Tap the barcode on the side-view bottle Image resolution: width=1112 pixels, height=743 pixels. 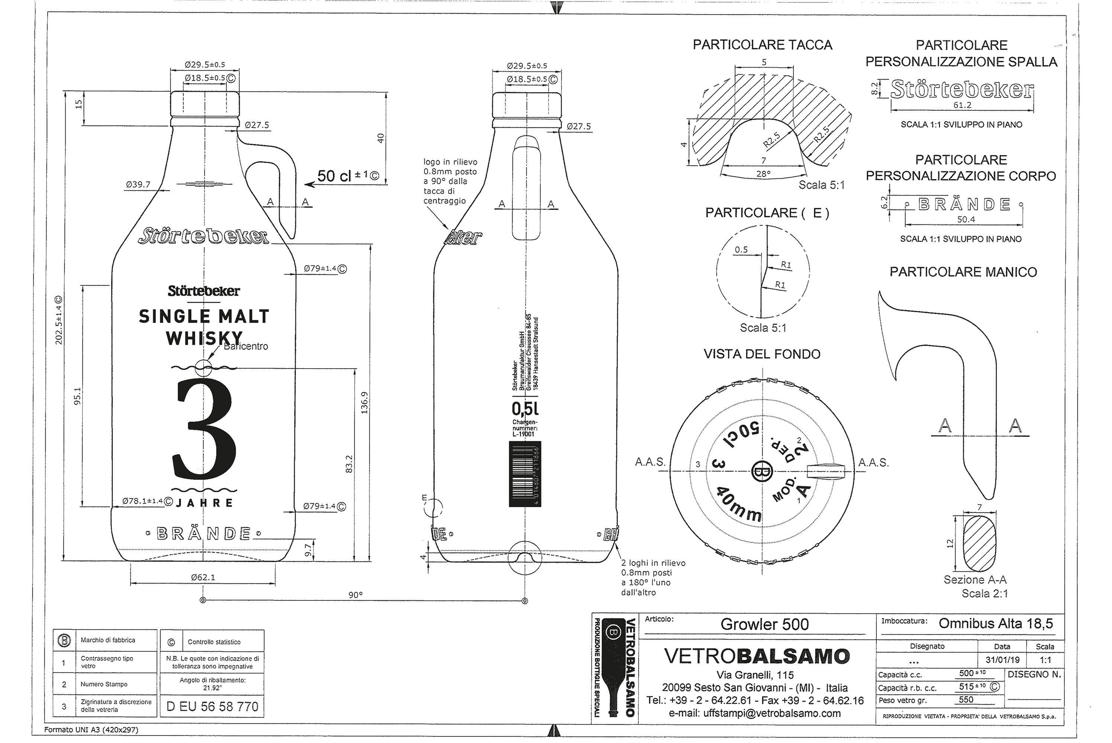click(525, 474)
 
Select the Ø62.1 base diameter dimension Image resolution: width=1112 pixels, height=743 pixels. click(203, 577)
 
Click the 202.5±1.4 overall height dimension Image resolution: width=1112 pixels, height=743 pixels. click(59, 321)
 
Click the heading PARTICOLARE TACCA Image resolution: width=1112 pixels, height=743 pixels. click(762, 45)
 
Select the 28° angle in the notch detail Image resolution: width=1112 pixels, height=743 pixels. click(763, 174)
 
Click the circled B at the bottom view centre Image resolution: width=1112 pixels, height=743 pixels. click(762, 471)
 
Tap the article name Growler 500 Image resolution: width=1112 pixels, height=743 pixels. click(764, 624)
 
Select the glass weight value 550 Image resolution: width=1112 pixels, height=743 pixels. click(966, 700)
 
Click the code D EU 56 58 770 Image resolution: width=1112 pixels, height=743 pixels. click(212, 707)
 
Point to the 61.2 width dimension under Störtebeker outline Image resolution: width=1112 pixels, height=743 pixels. click(962, 105)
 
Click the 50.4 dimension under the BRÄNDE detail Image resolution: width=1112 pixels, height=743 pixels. click(966, 220)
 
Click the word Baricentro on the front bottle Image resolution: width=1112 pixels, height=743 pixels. click(246, 346)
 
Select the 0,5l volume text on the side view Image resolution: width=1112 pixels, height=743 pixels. click(525, 408)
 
